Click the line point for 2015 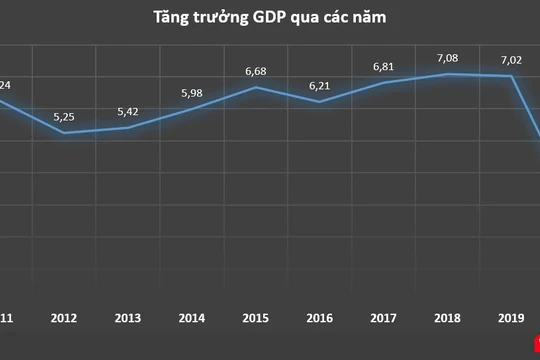click(x=257, y=87)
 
